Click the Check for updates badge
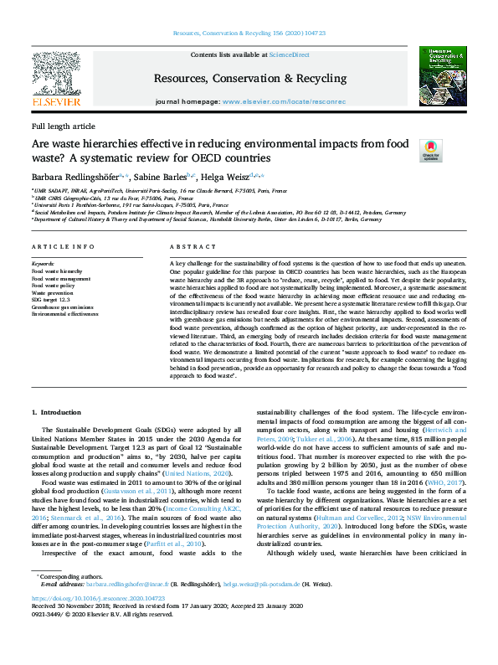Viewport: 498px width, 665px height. (430, 150)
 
